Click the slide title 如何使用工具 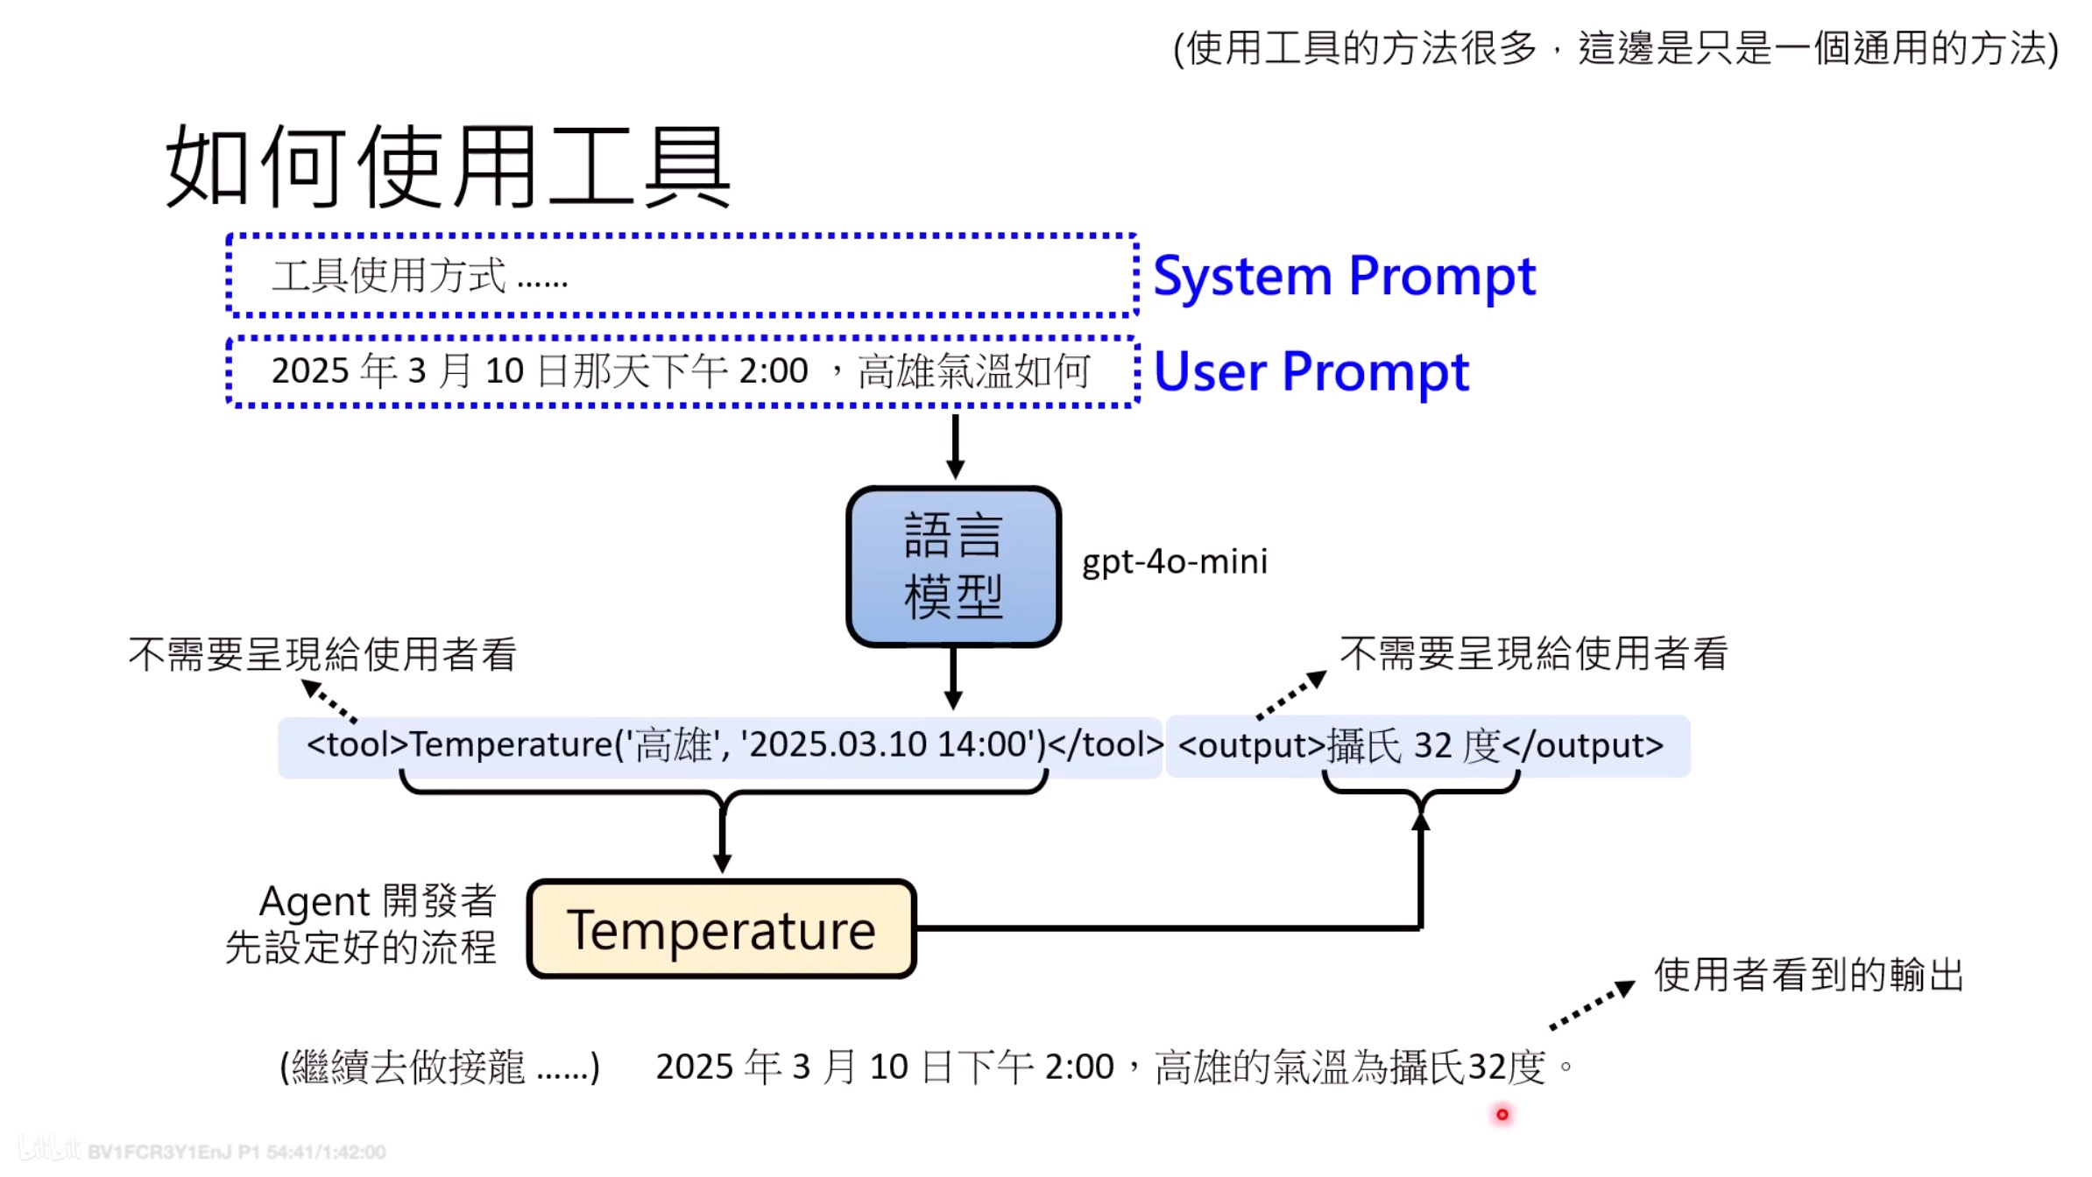click(x=447, y=166)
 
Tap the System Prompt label click(x=1344, y=277)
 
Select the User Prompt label click(x=1311, y=372)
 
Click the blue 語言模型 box click(x=953, y=567)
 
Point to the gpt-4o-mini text click(x=1174, y=561)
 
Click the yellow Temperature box click(x=721, y=929)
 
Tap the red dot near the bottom click(x=1502, y=1115)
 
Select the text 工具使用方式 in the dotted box click(x=389, y=277)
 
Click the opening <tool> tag click(x=357, y=745)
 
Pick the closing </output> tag click(x=1582, y=746)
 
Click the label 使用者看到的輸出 click(x=1808, y=975)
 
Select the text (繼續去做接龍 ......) click(x=440, y=1068)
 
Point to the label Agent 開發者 click(x=378, y=901)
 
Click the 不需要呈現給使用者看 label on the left click(x=322, y=654)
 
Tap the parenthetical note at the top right click(x=1615, y=48)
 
